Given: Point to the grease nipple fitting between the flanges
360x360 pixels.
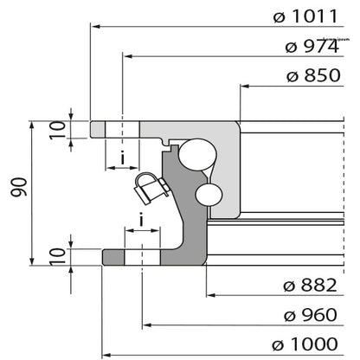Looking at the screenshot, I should [149, 185].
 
